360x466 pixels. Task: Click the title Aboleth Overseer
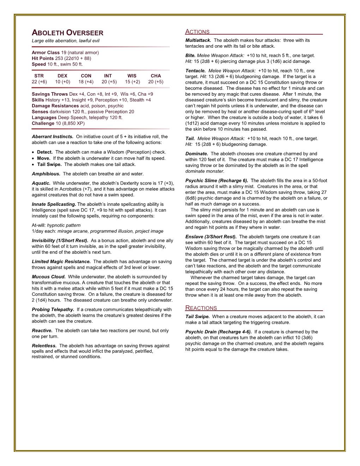coord(67,33)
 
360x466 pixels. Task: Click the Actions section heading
coord(197,32)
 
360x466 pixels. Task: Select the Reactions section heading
coord(201,308)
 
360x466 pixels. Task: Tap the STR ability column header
coord(39,76)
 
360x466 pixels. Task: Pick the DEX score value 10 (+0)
coord(62,82)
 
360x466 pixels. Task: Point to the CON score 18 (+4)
coord(86,82)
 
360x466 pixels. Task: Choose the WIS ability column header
coord(132,76)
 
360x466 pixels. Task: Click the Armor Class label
coord(46,53)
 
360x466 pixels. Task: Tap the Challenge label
coord(43,124)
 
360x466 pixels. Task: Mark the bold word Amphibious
coord(46,174)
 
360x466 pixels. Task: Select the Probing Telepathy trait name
coord(53,310)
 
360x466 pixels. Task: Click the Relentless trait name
coord(44,346)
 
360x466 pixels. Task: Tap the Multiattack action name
coord(198,40)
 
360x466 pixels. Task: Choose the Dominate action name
coord(197,154)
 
